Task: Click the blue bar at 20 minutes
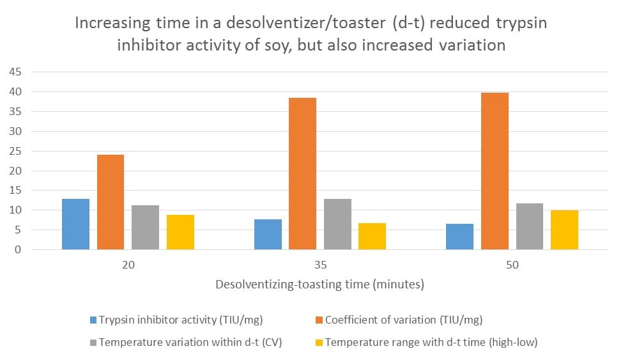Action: pyautogui.click(x=75, y=224)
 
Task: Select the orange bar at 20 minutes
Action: pyautogui.click(x=111, y=202)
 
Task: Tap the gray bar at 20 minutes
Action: pyautogui.click(x=145, y=227)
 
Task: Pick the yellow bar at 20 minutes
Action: pyautogui.click(x=180, y=232)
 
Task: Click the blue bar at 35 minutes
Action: pyautogui.click(x=268, y=234)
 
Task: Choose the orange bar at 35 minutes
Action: pyautogui.click(x=302, y=173)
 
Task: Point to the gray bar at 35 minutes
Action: pyautogui.click(x=337, y=224)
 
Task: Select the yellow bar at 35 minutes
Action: pyautogui.click(x=372, y=236)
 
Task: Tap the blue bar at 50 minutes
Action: pyautogui.click(x=459, y=237)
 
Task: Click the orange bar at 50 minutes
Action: pyautogui.click(x=495, y=171)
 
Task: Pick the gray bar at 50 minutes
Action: pyautogui.click(x=529, y=226)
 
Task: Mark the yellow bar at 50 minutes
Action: pyautogui.click(x=564, y=230)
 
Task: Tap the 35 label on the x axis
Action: pyautogui.click(x=319, y=265)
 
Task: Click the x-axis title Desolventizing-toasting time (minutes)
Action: pyautogui.click(x=319, y=285)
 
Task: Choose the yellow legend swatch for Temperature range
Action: pyautogui.click(x=319, y=342)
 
